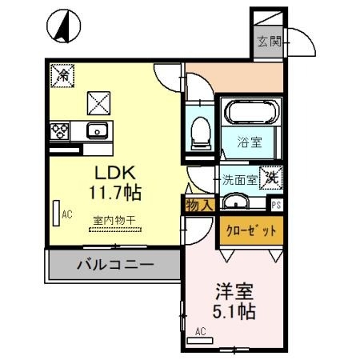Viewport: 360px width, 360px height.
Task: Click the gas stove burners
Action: [61, 130]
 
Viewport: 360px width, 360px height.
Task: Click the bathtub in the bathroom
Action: [246, 112]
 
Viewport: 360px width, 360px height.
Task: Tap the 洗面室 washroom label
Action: [239, 180]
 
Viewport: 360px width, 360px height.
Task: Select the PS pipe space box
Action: [277, 204]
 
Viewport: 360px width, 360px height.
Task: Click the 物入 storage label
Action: [198, 206]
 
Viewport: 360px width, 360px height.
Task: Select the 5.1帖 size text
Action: [234, 311]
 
